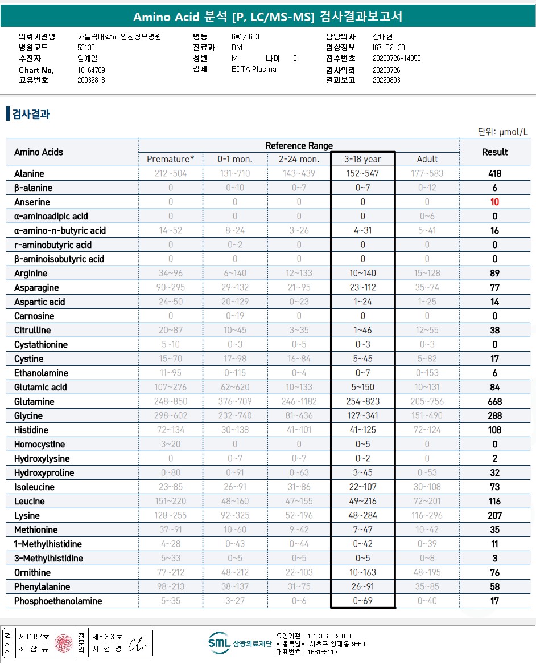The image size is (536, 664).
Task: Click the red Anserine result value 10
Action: [x=494, y=202]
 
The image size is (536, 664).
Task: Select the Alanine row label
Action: [x=29, y=174]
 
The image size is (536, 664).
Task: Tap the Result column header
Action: [x=494, y=152]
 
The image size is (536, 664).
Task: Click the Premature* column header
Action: [x=171, y=159]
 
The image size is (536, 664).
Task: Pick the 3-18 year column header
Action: [x=362, y=159]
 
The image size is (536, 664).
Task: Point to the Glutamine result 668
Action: [x=494, y=402]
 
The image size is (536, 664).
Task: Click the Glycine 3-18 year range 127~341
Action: [x=362, y=416]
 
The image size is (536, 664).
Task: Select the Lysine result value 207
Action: [x=494, y=516]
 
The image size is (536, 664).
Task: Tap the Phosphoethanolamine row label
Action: [x=58, y=601]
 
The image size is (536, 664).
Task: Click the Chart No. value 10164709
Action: [x=91, y=70]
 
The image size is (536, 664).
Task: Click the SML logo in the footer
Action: [x=219, y=642]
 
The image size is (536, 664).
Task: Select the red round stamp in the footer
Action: [x=64, y=643]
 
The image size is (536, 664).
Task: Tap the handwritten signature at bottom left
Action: [x=137, y=643]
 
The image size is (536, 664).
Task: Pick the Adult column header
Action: [x=427, y=159]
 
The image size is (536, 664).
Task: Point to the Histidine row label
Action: [x=31, y=430]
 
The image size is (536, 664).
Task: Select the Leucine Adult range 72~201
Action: [x=427, y=502]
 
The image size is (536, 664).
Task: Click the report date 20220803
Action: [x=386, y=80]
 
